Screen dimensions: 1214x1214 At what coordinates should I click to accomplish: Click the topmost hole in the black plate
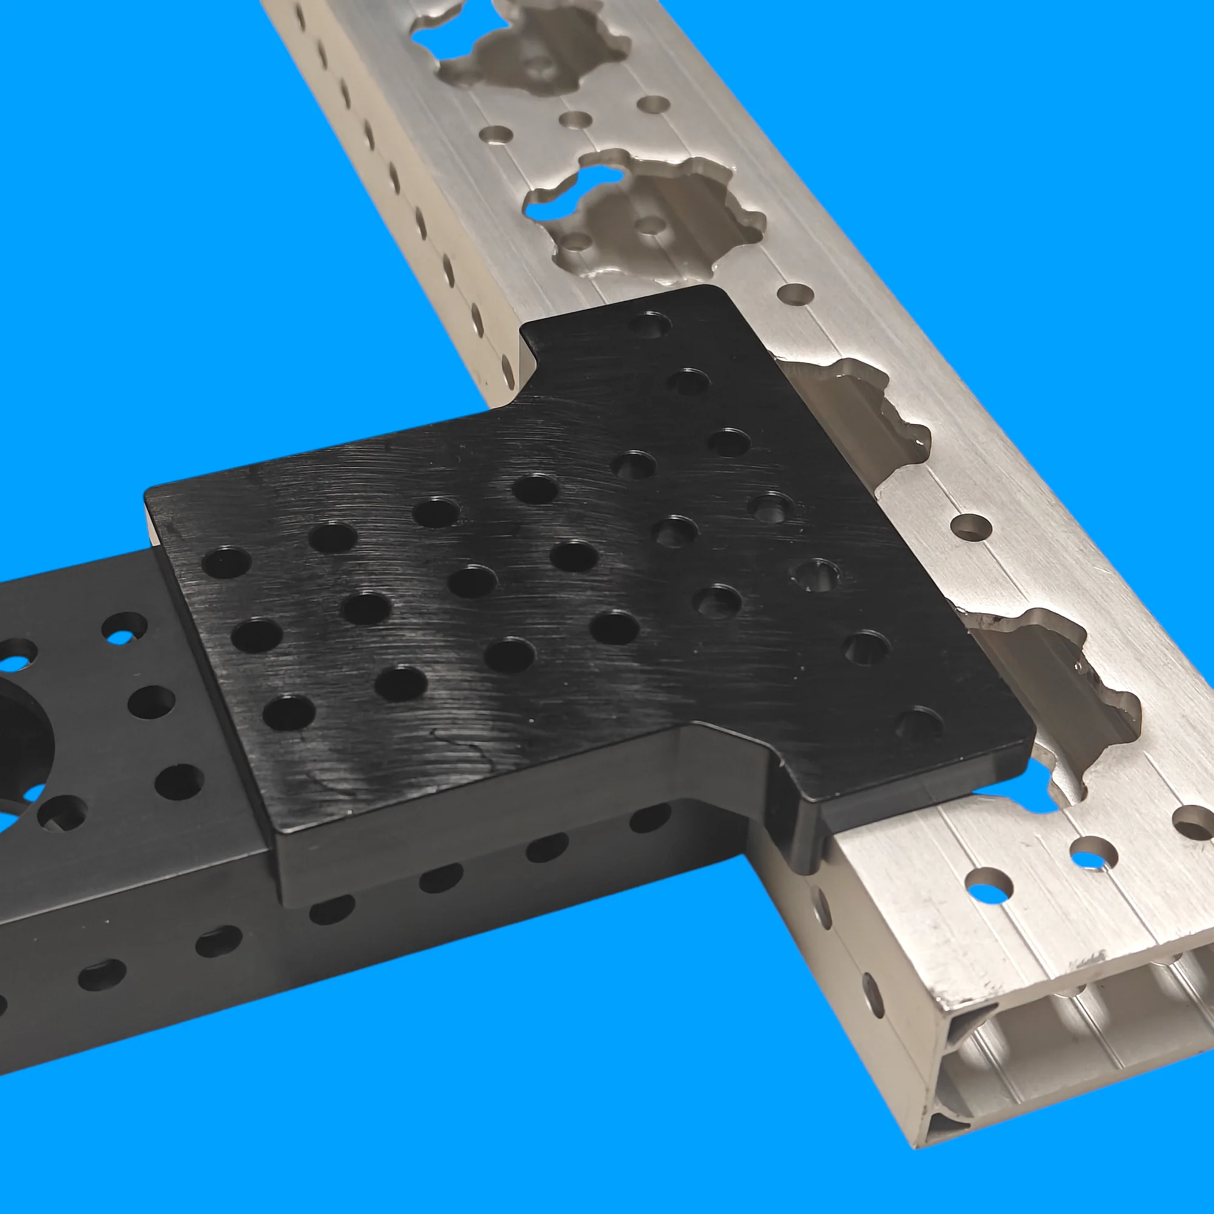649,325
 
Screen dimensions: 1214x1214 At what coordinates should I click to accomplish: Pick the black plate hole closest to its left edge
226,563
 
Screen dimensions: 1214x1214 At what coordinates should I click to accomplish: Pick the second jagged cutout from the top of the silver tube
647,214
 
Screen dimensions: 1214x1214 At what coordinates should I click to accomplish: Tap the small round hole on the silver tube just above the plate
795,293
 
